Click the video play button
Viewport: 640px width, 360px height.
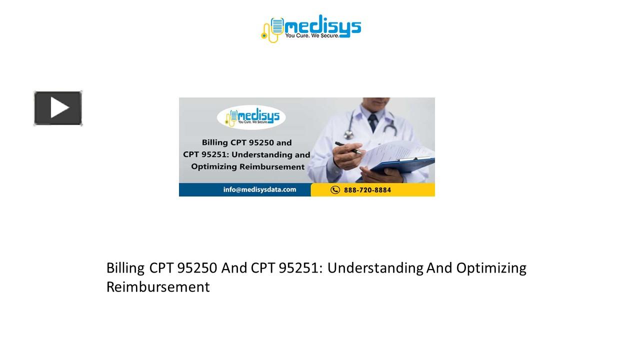(x=58, y=108)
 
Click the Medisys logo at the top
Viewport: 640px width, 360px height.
(x=311, y=28)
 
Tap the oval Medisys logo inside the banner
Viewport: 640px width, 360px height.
(x=251, y=118)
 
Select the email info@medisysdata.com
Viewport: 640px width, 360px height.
(x=259, y=189)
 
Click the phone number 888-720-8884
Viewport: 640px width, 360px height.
(x=367, y=190)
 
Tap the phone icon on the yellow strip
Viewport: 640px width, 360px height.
(x=335, y=190)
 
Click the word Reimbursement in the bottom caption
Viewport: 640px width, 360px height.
(x=158, y=287)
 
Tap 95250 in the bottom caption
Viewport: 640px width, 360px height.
(x=197, y=268)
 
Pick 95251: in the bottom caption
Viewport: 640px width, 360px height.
(x=301, y=268)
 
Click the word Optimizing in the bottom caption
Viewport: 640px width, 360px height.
(x=491, y=268)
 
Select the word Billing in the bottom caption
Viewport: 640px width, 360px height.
(x=125, y=268)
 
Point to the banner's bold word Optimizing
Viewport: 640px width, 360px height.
(x=213, y=167)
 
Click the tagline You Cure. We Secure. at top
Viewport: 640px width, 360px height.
(x=312, y=36)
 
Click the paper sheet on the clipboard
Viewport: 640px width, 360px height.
(x=400, y=150)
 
